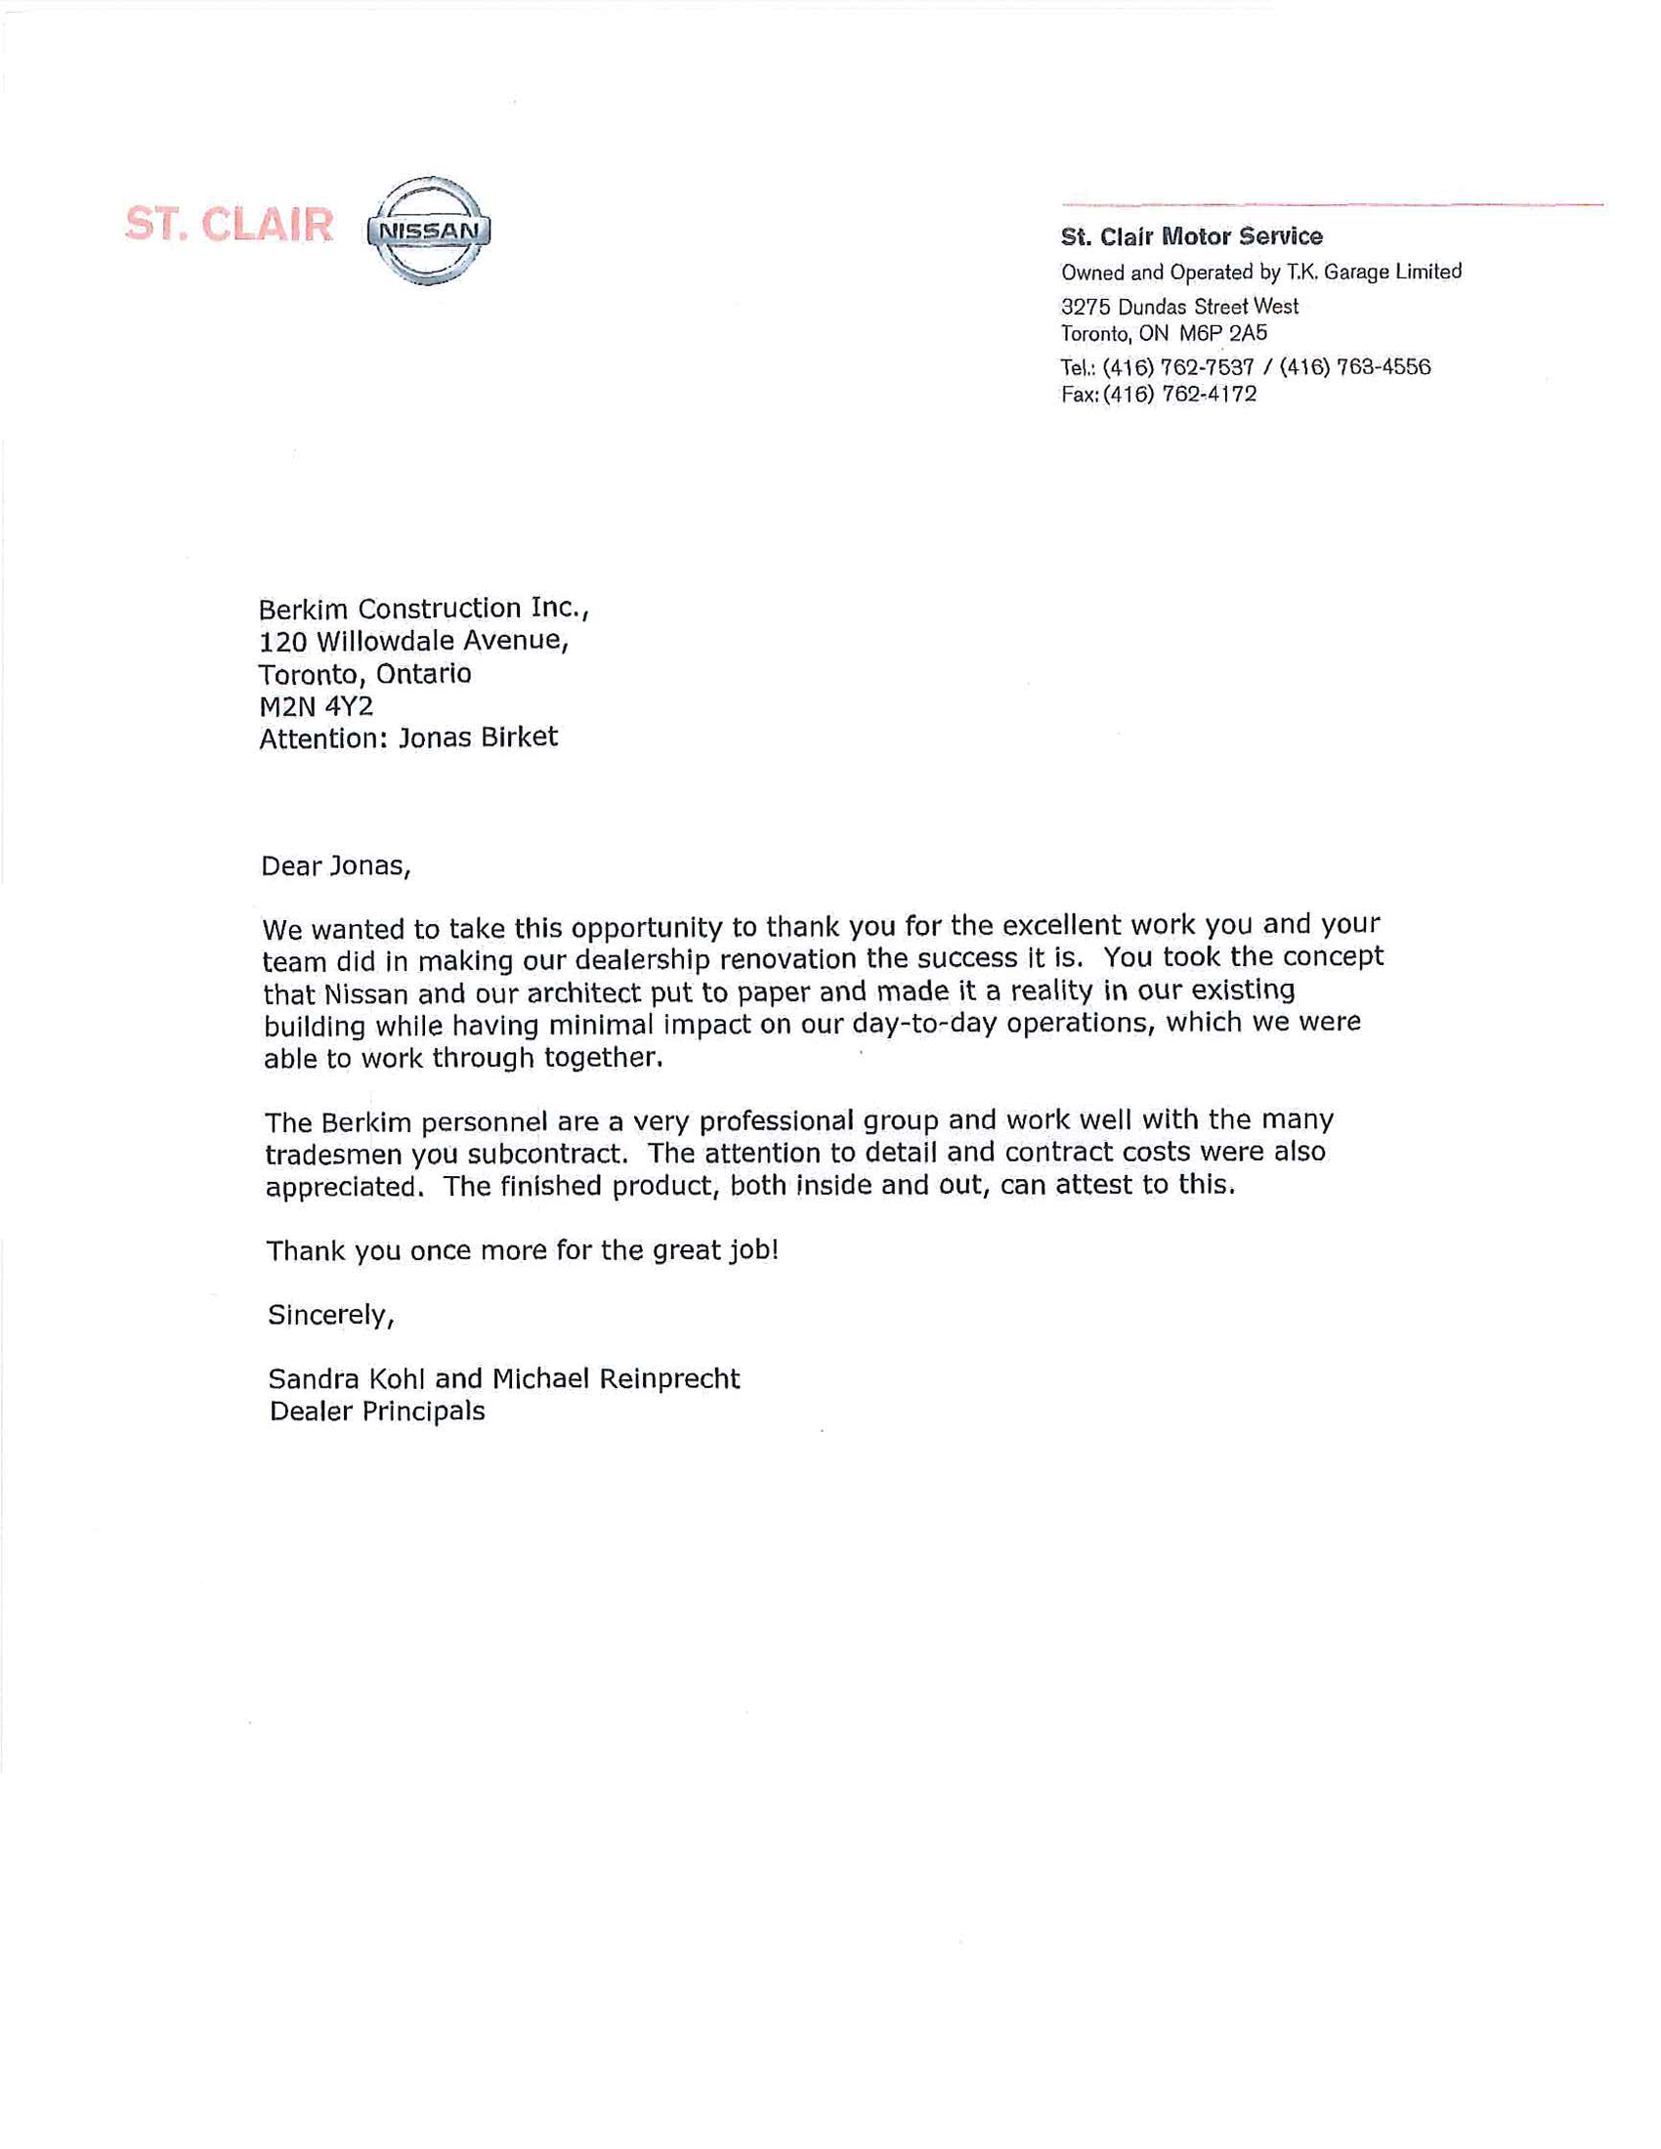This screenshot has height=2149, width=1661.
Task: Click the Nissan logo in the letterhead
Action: coord(428,232)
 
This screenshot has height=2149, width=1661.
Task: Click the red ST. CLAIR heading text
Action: coord(230,226)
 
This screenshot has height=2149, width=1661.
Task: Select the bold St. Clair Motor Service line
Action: coord(1191,236)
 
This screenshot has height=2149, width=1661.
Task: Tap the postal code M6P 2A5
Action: coord(1223,333)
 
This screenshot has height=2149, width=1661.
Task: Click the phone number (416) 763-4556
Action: coord(1355,367)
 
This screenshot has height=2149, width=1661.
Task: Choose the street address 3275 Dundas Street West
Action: coord(1179,306)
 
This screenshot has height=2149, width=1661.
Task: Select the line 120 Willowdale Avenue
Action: coord(413,642)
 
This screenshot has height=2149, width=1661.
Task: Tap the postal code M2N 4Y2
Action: coord(316,705)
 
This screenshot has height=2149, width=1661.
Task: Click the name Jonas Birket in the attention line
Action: coord(477,737)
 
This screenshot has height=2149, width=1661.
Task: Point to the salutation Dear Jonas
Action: coord(334,865)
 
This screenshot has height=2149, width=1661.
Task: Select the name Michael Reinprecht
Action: coord(615,1378)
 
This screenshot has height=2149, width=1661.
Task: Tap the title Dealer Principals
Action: coord(377,1412)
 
